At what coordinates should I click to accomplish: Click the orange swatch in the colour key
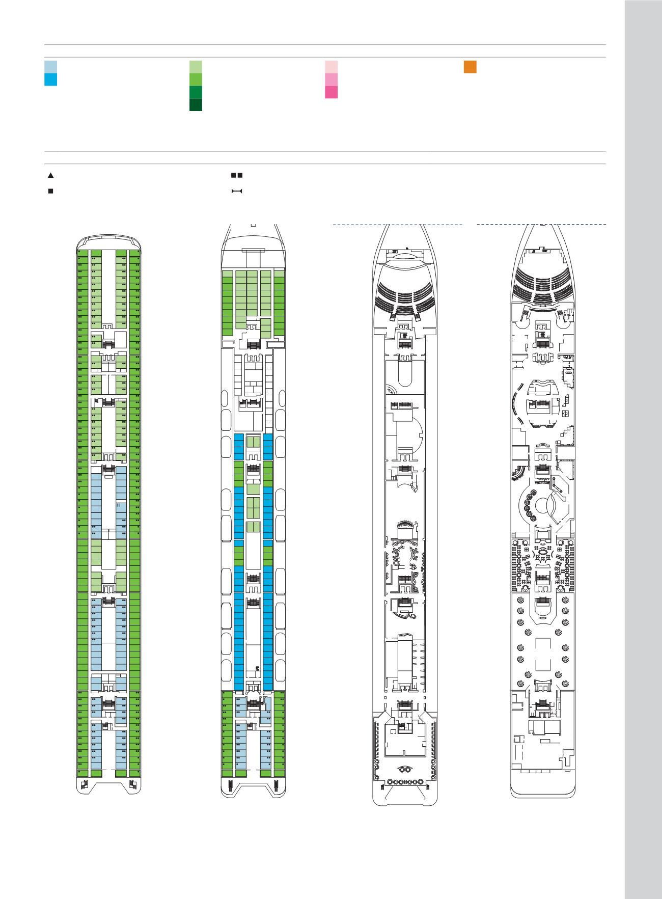tap(470, 67)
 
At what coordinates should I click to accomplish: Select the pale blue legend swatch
tap(50, 67)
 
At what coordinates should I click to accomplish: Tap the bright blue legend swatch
tap(50, 79)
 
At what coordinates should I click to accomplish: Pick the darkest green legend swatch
tap(196, 104)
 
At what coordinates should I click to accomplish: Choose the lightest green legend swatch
tap(196, 67)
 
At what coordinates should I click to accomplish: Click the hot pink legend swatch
tap(331, 92)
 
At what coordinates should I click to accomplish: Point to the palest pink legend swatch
tap(331, 67)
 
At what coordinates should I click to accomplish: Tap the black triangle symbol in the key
tap(50, 175)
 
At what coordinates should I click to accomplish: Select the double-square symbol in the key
tap(237, 175)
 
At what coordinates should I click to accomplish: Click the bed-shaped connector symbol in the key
tap(237, 192)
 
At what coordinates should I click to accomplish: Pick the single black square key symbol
tap(50, 192)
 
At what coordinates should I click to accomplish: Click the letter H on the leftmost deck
tap(118, 506)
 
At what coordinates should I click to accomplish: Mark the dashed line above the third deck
tap(397, 225)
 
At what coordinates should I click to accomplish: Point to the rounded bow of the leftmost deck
tap(108, 238)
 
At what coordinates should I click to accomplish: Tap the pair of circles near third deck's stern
tap(404, 769)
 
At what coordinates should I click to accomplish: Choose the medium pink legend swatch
tap(331, 79)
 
